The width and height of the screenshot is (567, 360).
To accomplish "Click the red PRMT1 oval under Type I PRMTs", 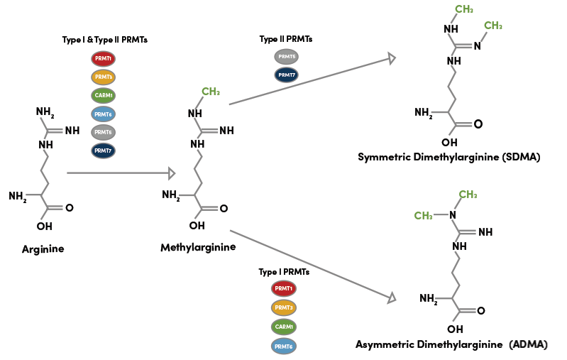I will tap(284, 288).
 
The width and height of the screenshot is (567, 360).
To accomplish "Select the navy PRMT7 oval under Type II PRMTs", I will tap(287, 75).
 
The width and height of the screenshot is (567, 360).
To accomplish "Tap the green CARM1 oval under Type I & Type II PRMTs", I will tap(104, 94).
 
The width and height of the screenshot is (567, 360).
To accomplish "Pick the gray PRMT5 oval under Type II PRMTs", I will tap(287, 56).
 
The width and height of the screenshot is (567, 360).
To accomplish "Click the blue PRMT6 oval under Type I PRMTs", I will tap(284, 346).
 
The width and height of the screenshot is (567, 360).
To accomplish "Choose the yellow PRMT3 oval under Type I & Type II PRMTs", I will tap(104, 76).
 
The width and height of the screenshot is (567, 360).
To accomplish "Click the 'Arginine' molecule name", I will tap(43, 249).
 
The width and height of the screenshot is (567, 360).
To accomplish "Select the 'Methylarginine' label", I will tap(198, 247).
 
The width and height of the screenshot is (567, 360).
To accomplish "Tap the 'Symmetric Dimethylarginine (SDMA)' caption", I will tap(449, 156).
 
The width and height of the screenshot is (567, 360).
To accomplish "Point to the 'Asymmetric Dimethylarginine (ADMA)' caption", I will tap(451, 344).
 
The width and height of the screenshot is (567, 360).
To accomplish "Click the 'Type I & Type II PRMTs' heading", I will tap(104, 40).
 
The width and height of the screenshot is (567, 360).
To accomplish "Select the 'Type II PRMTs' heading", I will tap(286, 39).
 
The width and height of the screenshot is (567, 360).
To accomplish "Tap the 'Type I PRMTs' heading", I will tap(284, 271).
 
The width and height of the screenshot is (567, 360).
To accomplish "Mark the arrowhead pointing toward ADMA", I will tap(390, 298).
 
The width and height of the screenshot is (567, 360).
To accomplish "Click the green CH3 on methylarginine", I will tap(211, 92).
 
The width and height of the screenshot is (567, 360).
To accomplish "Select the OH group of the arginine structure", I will tap(44, 227).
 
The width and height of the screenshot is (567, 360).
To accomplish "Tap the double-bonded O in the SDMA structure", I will tap(478, 124).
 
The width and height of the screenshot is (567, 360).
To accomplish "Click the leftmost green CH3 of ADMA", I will tap(424, 215).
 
